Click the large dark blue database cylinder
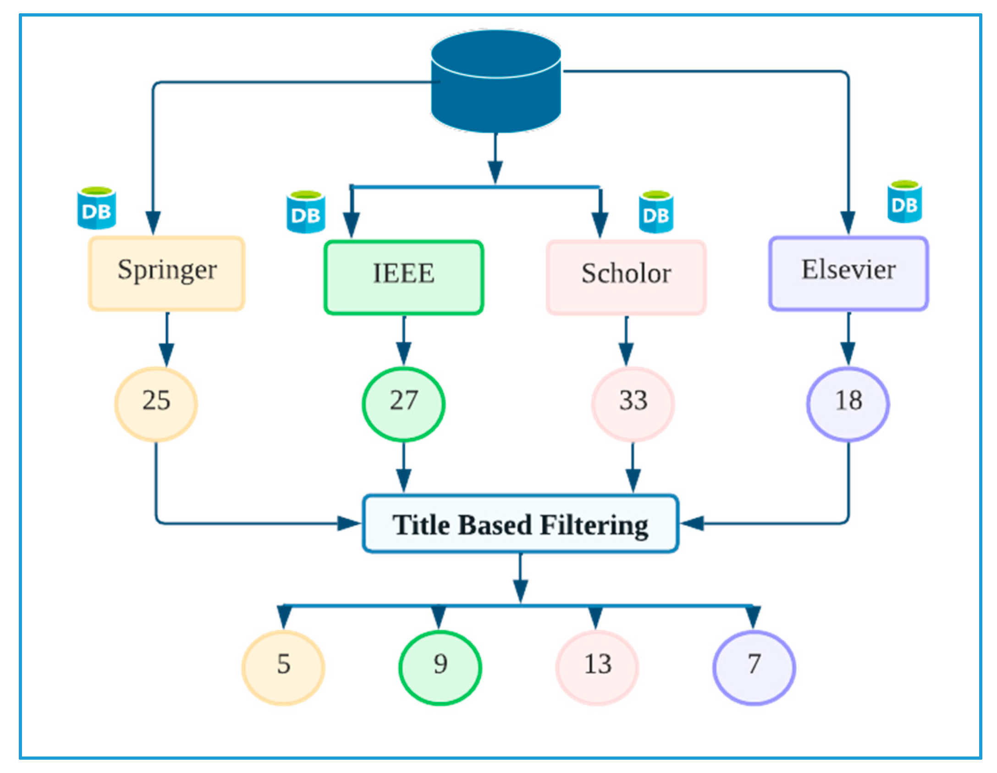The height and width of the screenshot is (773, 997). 496,83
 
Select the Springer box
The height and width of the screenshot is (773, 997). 166,274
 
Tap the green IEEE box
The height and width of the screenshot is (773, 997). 403,277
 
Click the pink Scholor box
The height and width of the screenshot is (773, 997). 626,277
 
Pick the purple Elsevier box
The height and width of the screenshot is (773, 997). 848,274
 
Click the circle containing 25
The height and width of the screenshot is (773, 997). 156,404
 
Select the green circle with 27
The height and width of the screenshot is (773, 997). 403,404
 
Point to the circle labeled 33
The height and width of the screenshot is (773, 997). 633,404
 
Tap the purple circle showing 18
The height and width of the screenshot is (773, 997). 848,404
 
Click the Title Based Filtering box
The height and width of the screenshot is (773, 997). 520,524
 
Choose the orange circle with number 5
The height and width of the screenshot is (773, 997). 283,667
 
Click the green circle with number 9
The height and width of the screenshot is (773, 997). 440,667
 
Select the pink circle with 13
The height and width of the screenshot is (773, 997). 597,667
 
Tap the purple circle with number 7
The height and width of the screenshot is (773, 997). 754,667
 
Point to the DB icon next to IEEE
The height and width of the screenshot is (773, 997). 306,212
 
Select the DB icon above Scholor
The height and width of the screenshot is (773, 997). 656,212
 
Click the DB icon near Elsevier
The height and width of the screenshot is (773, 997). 904,202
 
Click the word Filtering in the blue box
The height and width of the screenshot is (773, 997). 594,525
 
